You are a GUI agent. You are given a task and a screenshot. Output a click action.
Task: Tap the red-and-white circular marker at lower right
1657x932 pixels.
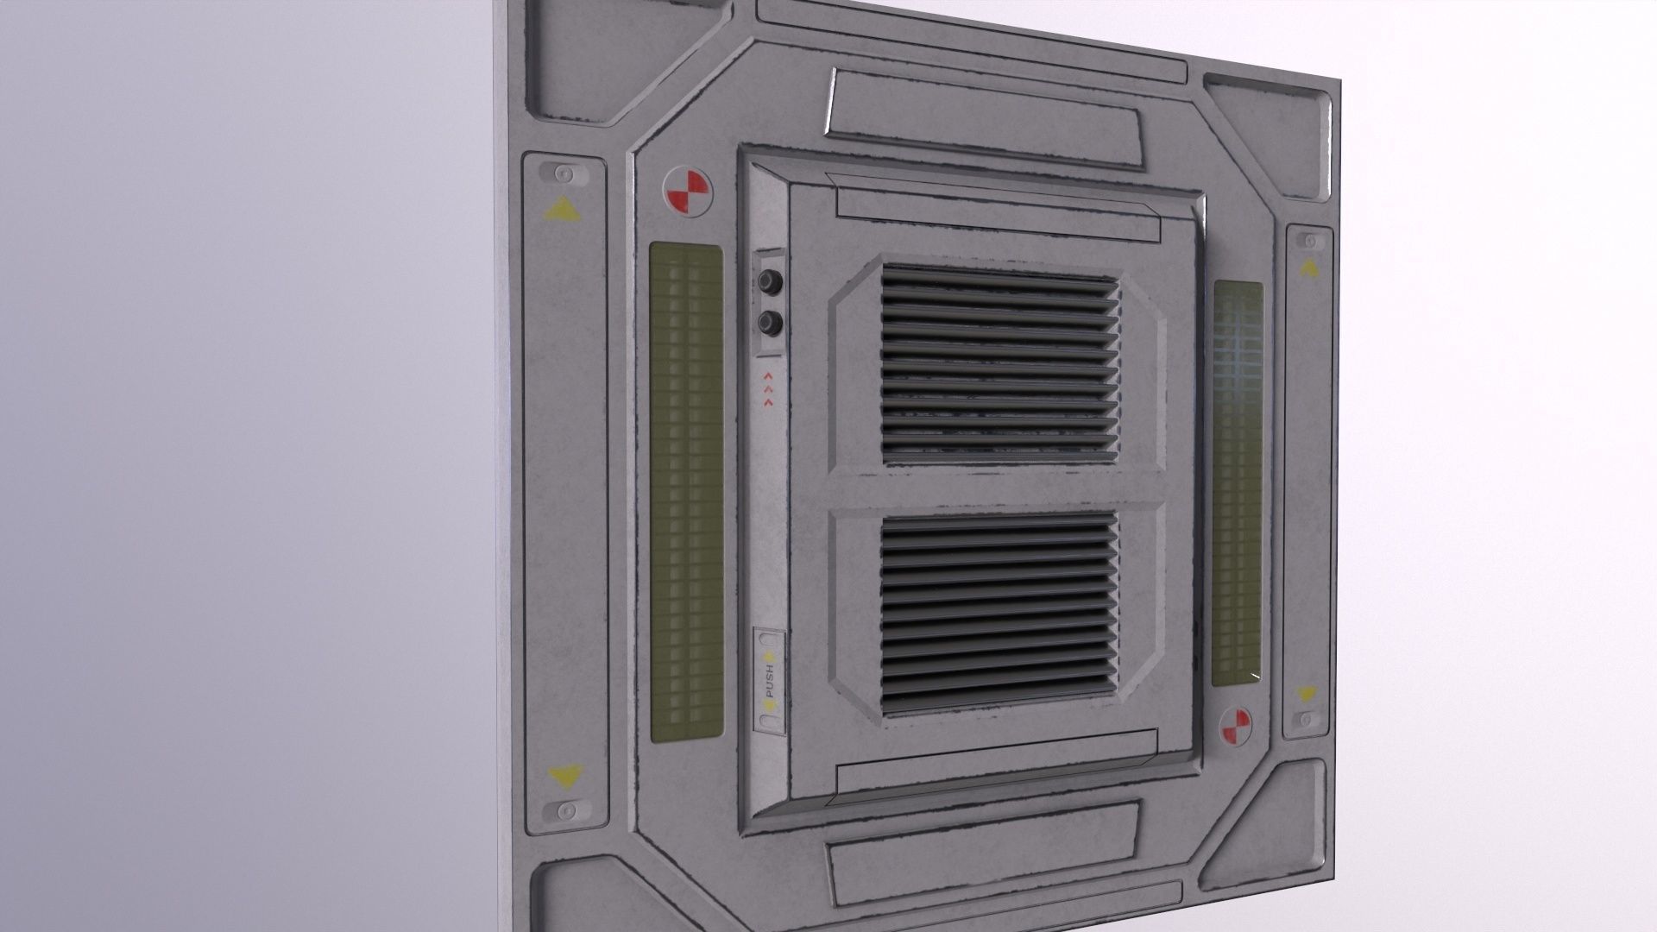[x=1236, y=726]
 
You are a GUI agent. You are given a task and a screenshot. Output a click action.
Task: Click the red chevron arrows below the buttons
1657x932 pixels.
[x=767, y=389]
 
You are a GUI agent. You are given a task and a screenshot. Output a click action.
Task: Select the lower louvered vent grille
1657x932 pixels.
[x=999, y=612]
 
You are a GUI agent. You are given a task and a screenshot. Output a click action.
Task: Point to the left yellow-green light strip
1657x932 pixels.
[x=686, y=492]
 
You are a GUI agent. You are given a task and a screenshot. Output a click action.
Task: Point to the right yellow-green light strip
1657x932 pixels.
[x=1238, y=483]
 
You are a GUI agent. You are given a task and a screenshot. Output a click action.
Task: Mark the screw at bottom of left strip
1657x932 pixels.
[x=568, y=810]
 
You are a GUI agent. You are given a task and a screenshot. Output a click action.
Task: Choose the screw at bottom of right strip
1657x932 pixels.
[x=1307, y=719]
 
